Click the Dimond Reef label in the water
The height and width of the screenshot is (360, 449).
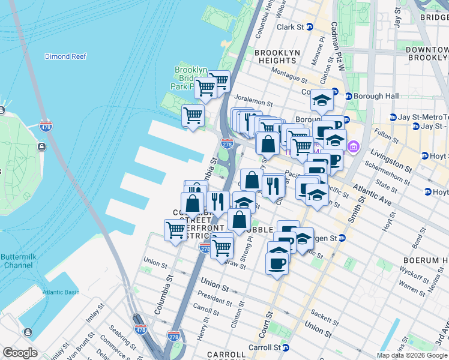65,56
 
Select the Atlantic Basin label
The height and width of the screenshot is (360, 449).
61,292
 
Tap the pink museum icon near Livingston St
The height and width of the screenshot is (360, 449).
353,146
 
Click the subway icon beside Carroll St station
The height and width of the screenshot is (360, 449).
286,347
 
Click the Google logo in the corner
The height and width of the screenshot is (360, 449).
20,353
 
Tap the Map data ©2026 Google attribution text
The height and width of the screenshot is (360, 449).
411,355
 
